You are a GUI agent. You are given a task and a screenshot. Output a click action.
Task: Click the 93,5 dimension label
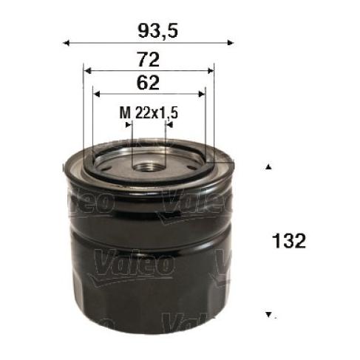157,31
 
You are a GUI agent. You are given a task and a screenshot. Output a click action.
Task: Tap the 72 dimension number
149,60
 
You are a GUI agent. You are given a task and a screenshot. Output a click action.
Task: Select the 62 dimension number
148,83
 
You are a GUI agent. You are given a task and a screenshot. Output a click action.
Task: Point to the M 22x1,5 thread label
149,113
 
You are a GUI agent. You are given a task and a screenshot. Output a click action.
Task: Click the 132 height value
289,241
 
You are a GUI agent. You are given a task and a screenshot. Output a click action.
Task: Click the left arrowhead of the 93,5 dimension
66,44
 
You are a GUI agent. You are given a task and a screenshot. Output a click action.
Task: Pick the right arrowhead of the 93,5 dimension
230,43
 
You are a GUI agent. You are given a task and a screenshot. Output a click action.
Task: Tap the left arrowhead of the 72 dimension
88,71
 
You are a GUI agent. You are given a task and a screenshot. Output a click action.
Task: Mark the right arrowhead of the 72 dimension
211,71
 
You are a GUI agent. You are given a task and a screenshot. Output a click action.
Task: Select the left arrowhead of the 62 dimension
97,94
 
